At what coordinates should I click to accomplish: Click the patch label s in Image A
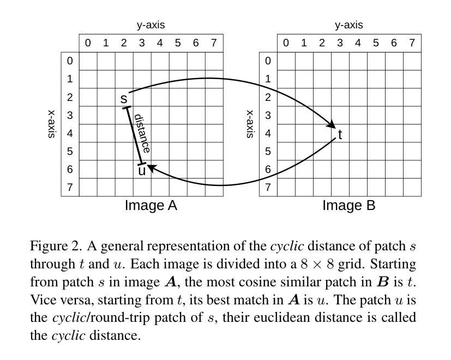124,99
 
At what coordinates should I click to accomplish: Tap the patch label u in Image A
142,171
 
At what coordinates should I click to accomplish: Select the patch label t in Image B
340,135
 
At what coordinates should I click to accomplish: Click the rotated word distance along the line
142,134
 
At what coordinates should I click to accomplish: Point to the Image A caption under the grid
151,206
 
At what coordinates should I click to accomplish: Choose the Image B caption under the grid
349,206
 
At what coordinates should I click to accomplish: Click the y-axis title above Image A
151,25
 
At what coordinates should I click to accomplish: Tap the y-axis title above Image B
348,25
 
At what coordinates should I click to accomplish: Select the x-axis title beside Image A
52,124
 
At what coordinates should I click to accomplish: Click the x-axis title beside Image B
250,124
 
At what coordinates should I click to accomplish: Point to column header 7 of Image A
214,43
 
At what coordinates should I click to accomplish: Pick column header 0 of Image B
286,43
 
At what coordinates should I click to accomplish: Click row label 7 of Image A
70,188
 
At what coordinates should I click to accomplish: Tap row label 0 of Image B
268,61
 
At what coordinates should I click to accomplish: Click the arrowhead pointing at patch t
331,125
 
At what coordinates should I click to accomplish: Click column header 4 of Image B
358,43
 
